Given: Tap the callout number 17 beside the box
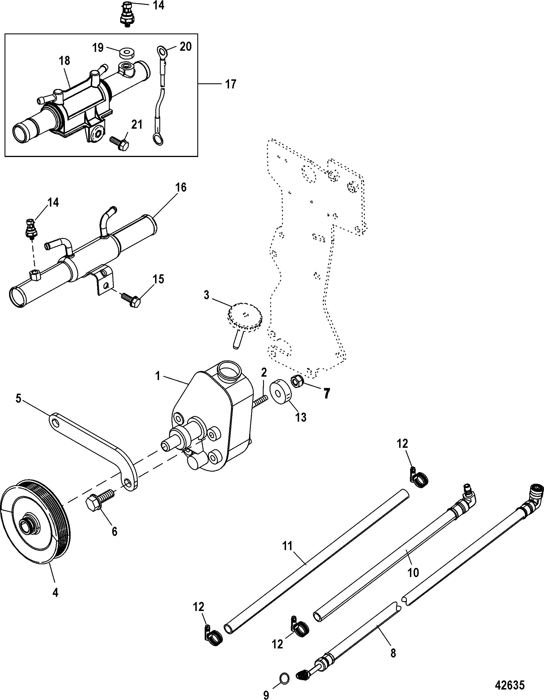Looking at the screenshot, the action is tap(231, 84).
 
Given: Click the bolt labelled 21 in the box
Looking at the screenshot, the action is tap(119, 142).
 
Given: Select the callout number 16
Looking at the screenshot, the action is tap(181, 188).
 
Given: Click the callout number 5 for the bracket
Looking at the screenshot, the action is tap(19, 400).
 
